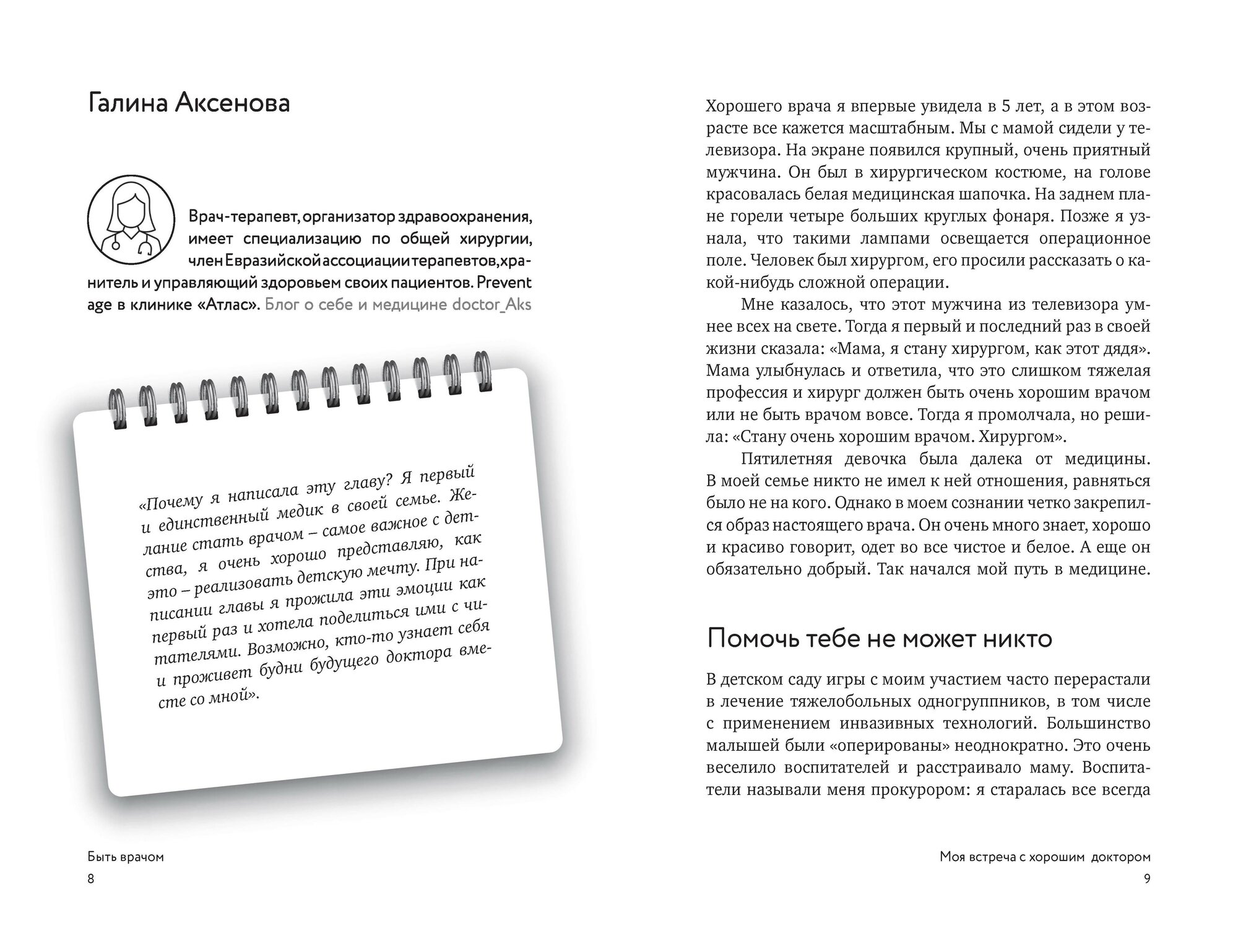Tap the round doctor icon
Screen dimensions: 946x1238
click(131, 219)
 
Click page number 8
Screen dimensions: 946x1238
click(91, 878)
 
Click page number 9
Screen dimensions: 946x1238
click(1146, 878)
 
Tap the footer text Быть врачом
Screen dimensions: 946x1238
click(126, 857)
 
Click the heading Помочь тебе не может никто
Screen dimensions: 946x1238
click(880, 639)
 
